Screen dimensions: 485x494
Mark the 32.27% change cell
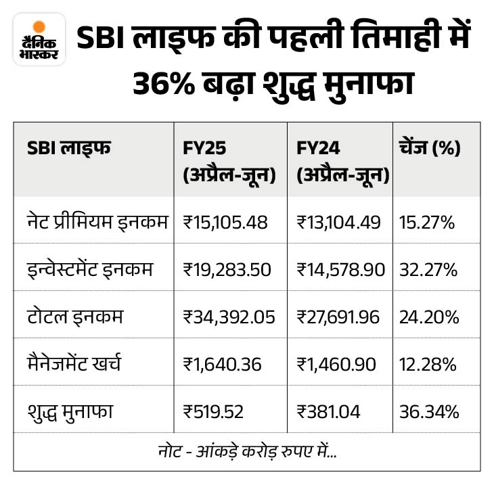[430, 269]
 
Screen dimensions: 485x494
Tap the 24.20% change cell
[430, 317]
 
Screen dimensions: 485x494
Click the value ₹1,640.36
[222, 364]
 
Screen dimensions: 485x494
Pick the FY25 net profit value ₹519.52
[215, 411]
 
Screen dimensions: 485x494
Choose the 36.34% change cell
[430, 411]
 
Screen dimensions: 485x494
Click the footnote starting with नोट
[247, 451]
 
